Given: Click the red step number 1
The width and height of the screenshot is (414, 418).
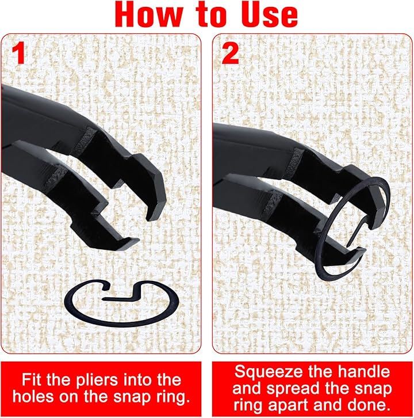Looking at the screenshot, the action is click(x=18, y=54).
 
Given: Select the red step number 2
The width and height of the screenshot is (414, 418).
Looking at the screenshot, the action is click(x=231, y=54).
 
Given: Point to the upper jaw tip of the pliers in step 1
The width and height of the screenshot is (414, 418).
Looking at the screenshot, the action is click(x=153, y=217).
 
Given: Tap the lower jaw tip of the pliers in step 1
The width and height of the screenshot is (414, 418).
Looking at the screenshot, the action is click(x=131, y=241).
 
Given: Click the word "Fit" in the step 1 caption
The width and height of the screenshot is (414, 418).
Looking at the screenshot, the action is click(x=31, y=379).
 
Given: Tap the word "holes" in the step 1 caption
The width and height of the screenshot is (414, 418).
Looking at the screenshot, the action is click(x=33, y=397).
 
